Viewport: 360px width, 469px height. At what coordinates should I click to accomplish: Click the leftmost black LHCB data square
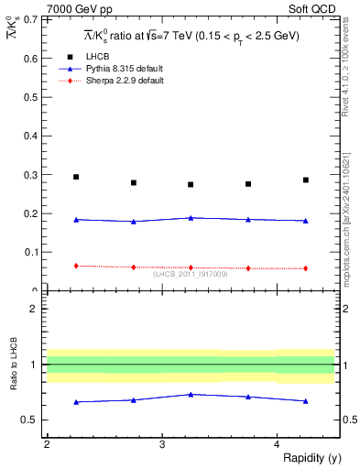pyautogui.click(x=76, y=177)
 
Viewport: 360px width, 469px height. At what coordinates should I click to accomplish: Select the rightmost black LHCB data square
pyautogui.click(x=306, y=180)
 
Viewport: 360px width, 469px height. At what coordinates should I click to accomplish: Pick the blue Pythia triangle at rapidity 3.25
pyautogui.click(x=191, y=218)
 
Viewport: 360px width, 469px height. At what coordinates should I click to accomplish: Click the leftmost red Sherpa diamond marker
pyautogui.click(x=76, y=266)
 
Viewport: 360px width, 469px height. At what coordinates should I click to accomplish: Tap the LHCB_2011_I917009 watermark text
pyautogui.click(x=191, y=273)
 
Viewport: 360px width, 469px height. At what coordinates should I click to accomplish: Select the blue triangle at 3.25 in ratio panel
pyautogui.click(x=191, y=394)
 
